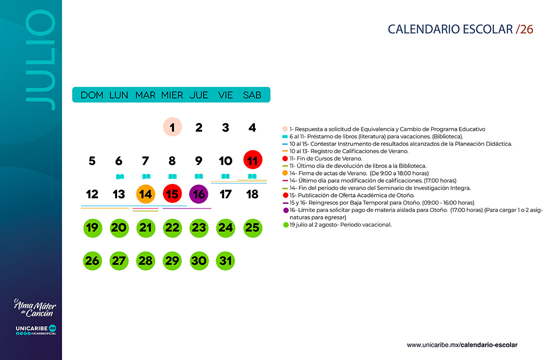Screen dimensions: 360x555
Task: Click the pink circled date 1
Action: pos(172,127)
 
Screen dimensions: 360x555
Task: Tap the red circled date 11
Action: pos(252,160)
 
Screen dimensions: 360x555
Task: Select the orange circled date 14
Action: pos(145,194)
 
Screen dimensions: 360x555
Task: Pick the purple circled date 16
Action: pos(199,194)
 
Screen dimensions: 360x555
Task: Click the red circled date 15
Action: pos(172,194)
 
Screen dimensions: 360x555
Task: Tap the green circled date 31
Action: pos(225,261)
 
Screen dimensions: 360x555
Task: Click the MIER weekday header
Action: pos(172,95)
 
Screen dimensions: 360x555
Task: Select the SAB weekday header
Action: pos(252,95)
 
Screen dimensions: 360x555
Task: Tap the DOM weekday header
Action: pos(92,95)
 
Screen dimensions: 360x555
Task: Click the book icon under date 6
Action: pos(119,176)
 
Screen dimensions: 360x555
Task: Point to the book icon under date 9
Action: pos(199,176)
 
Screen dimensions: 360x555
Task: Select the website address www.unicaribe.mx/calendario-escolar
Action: pos(462,345)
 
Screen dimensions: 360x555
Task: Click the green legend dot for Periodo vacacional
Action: pos(286,225)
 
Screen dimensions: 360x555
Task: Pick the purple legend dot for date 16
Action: pos(285,210)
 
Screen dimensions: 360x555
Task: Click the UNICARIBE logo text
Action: pos(31,328)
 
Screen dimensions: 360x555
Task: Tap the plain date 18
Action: pos(252,194)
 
